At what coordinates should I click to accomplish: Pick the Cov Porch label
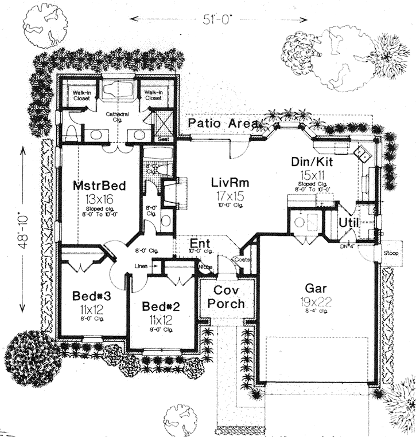click(226, 298)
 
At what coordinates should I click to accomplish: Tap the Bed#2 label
click(161, 306)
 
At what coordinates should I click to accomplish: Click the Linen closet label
click(141, 266)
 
